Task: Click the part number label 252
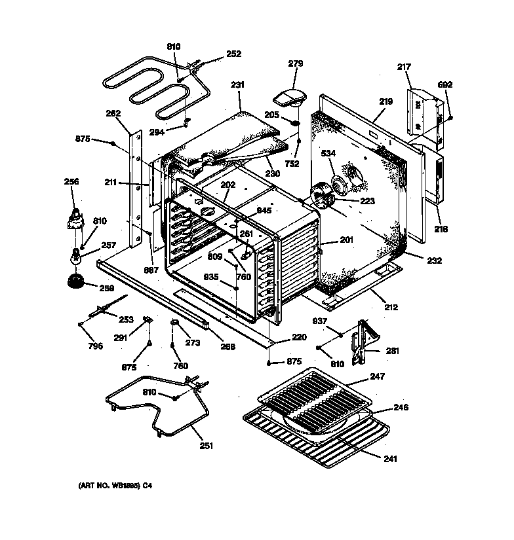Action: [x=233, y=54]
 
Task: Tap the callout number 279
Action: [x=296, y=63]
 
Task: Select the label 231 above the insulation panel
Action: [x=237, y=85]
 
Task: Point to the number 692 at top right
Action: [x=445, y=85]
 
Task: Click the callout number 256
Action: [x=71, y=181]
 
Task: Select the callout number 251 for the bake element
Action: [x=206, y=446]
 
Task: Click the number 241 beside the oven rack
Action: [x=390, y=459]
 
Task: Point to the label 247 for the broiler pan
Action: [x=377, y=376]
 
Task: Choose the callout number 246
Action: [x=401, y=407]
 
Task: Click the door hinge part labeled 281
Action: [x=361, y=337]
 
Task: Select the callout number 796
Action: [x=96, y=346]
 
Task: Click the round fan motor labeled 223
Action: [x=323, y=195]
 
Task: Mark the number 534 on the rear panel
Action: [x=328, y=153]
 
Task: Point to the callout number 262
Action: [x=113, y=113]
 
